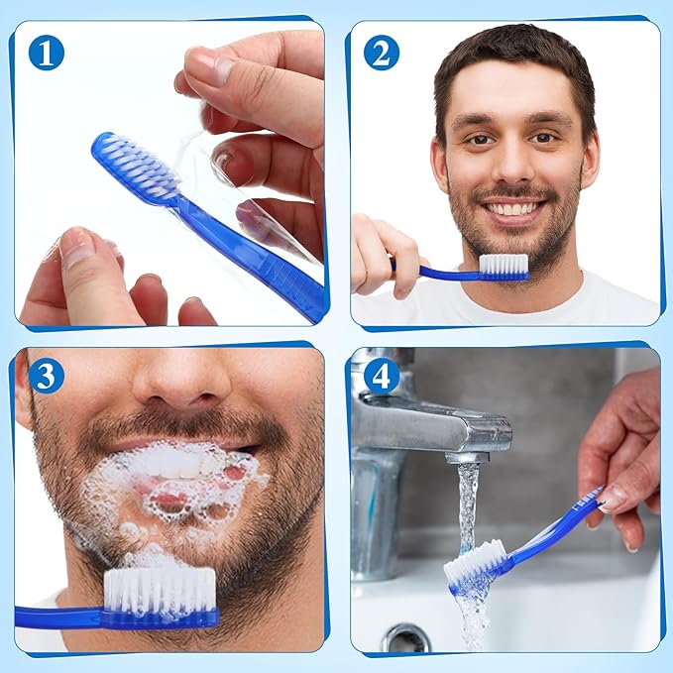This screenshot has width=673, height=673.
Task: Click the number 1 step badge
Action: pyautogui.click(x=46, y=52)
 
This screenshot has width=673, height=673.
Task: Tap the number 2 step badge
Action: pyautogui.click(x=382, y=52)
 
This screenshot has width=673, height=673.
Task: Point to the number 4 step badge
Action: pyautogui.click(x=382, y=376)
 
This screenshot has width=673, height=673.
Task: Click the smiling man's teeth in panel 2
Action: pyautogui.click(x=513, y=209)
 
